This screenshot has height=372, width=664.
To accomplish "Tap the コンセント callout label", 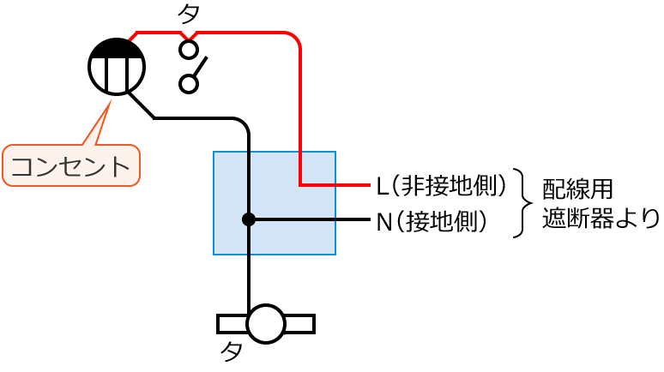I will coord(71,165).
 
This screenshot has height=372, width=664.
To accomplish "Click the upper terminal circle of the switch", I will coord(189,48).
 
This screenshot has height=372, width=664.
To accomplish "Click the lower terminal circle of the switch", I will coord(189,83).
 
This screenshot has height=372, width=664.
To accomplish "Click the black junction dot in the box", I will coord(249,219).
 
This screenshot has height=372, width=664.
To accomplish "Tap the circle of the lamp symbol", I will coord(266,323).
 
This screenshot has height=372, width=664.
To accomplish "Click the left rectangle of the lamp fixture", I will coord(232,323).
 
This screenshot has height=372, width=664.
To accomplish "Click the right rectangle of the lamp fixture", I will coord(299,323).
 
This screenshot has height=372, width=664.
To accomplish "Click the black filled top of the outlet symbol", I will coord(117,50).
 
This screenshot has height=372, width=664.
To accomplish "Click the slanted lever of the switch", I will coord(199,68).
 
